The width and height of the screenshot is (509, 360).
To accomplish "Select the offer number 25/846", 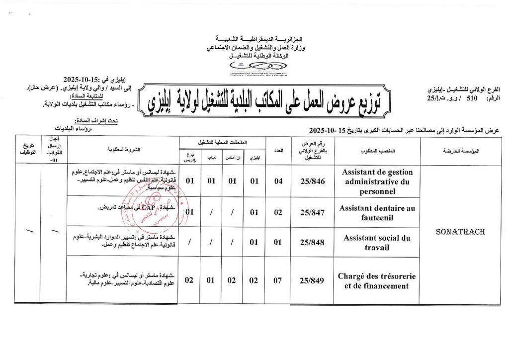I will [313, 181].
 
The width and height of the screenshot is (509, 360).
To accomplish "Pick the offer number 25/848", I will [313, 243].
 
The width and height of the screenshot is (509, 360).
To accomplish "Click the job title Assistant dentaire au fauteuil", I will [377, 213].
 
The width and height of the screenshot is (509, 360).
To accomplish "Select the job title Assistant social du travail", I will [377, 243].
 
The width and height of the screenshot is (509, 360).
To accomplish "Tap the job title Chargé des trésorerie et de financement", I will [377, 281].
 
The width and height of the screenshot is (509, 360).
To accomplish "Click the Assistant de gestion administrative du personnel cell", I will [377, 181].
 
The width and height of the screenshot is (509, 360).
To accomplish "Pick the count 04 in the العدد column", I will [278, 181].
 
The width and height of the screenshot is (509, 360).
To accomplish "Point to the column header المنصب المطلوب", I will [377, 150].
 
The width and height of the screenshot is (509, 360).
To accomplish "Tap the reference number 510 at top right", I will [456, 99].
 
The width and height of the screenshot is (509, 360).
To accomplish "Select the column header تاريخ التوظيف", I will [27, 150].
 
